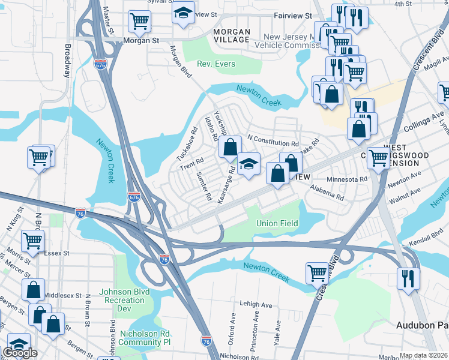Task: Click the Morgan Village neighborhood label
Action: (x=231, y=35)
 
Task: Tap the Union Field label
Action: (x=277, y=223)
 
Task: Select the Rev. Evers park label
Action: (x=217, y=64)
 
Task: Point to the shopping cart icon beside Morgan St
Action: (x=139, y=22)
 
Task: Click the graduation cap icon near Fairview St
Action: (x=183, y=13)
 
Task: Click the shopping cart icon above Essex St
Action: (x=32, y=241)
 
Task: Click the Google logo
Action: (x=20, y=353)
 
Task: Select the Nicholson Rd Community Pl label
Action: (x=146, y=338)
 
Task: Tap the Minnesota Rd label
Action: (x=346, y=179)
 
